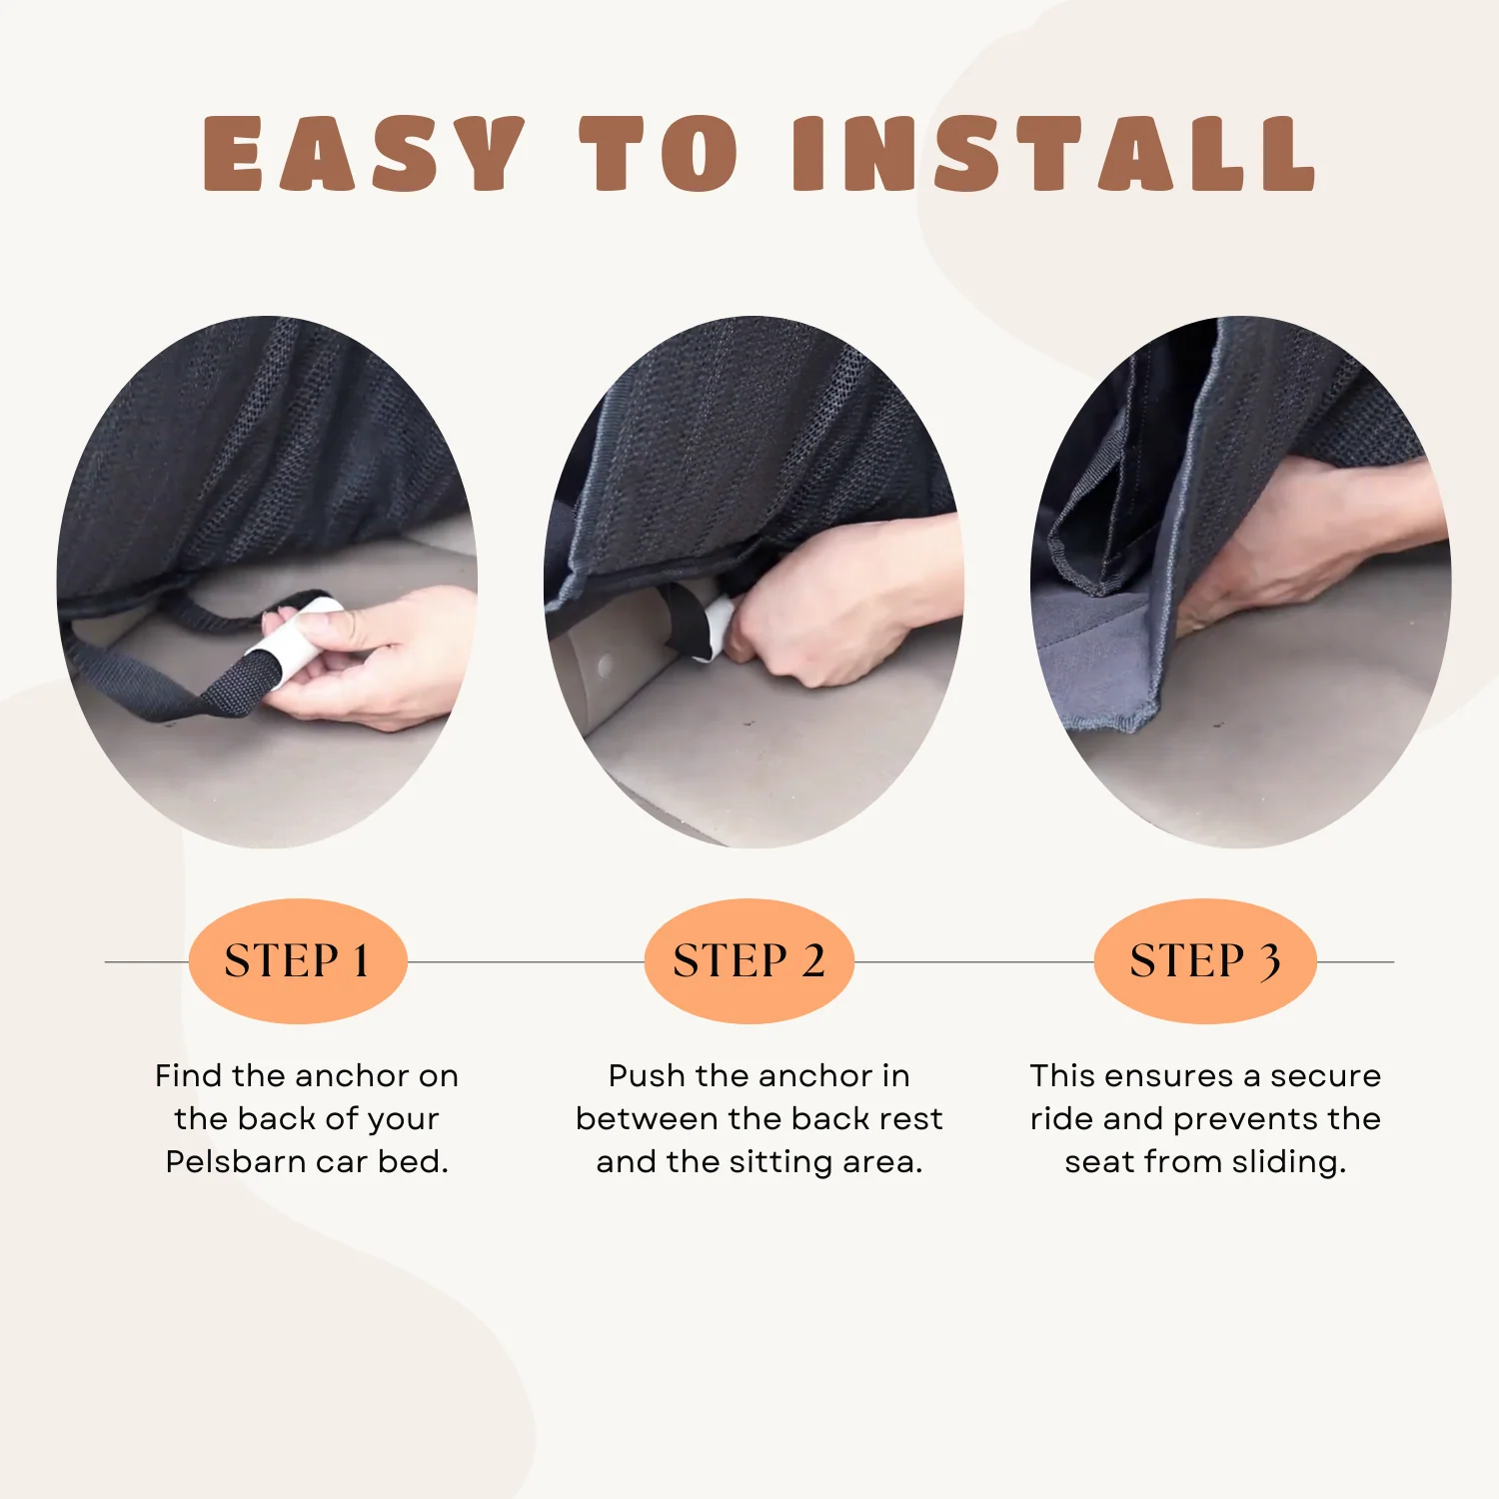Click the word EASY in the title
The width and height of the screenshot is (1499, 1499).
(x=363, y=153)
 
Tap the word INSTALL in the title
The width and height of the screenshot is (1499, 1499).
(x=1054, y=153)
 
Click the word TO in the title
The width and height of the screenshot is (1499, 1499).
(x=660, y=153)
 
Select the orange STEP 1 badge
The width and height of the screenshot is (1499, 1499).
(x=298, y=961)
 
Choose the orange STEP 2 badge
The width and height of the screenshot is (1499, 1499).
(x=749, y=961)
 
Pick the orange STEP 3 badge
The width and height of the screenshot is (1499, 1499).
(x=1205, y=961)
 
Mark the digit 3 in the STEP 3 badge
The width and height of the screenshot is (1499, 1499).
(x=1268, y=962)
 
